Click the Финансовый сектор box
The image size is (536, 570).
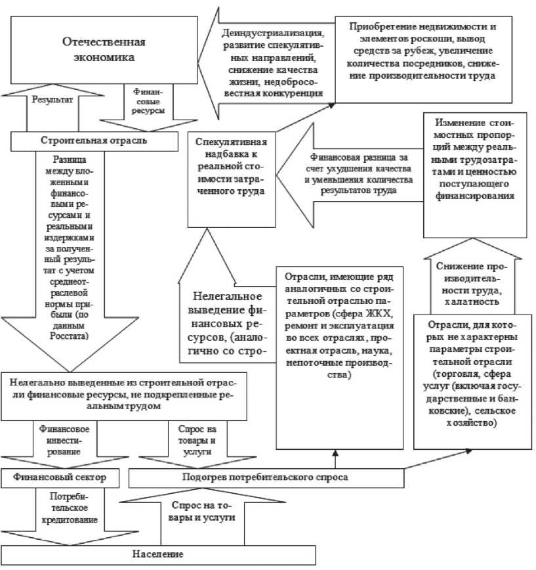pos(60,475)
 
